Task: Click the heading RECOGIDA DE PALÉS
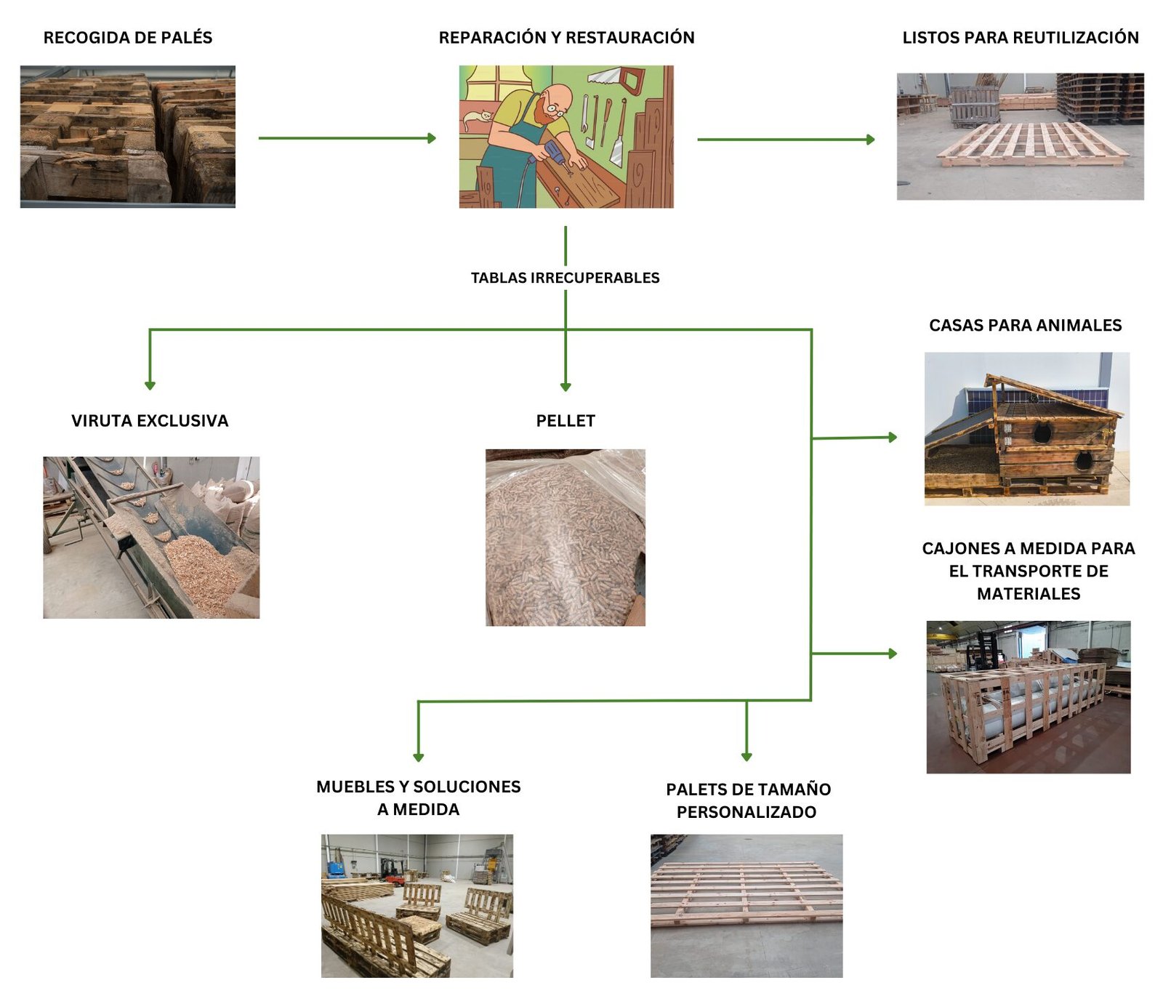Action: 128,38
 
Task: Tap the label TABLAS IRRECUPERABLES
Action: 565,278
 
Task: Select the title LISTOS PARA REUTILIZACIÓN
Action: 1020,38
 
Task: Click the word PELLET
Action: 566,421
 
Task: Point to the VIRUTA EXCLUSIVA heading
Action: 150,421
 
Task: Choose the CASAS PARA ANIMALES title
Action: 1025,326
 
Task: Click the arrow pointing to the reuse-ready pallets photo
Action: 786,140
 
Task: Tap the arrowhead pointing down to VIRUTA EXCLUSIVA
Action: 150,385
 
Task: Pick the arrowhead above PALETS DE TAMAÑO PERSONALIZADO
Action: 747,756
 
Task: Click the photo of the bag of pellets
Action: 566,538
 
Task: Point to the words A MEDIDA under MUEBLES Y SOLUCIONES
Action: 418,810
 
